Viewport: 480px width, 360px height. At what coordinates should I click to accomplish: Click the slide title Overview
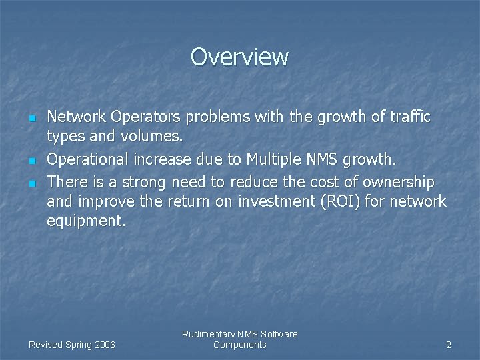[x=239, y=57]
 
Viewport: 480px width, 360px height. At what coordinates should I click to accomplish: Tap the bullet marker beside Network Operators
[x=31, y=119]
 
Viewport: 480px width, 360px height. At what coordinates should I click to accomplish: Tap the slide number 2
[x=449, y=345]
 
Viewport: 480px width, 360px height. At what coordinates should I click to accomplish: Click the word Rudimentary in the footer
[x=208, y=334]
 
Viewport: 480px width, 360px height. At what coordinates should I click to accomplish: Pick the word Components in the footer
[x=240, y=345]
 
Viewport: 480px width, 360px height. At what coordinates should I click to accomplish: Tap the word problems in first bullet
[x=217, y=117]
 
